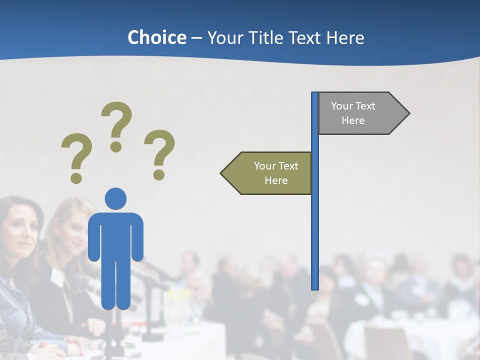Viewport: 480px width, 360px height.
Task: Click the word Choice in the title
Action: tap(156, 37)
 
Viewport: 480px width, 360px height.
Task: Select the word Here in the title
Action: tap(345, 37)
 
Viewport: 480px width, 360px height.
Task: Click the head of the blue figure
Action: tap(115, 198)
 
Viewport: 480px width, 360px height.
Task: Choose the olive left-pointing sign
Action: tap(267, 173)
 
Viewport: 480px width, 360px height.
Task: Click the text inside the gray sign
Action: tap(353, 113)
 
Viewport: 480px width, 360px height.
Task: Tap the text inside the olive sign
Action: tap(276, 173)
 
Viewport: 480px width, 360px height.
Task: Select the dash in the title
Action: tap(196, 38)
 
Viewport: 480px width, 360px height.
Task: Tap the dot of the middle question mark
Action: tap(116, 146)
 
